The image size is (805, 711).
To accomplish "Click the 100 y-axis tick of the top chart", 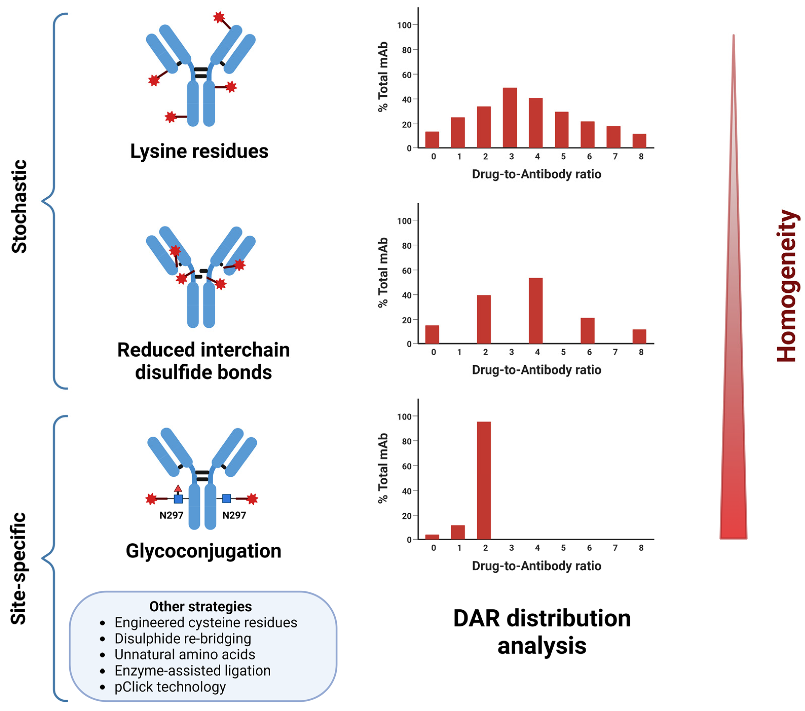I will coord(404,25).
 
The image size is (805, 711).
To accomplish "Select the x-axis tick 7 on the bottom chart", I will coord(615,548).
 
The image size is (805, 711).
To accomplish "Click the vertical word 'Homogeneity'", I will coord(787,286).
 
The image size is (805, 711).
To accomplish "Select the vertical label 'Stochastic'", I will coord(19,207).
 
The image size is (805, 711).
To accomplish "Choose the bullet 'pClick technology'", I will coord(170,687).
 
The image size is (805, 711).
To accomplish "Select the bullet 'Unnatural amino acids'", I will coord(185,655).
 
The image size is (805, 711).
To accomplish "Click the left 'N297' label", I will coord(171,515).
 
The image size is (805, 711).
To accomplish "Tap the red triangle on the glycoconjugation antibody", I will coord(178,489).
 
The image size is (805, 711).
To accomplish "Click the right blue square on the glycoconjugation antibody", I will coord(227,499).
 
